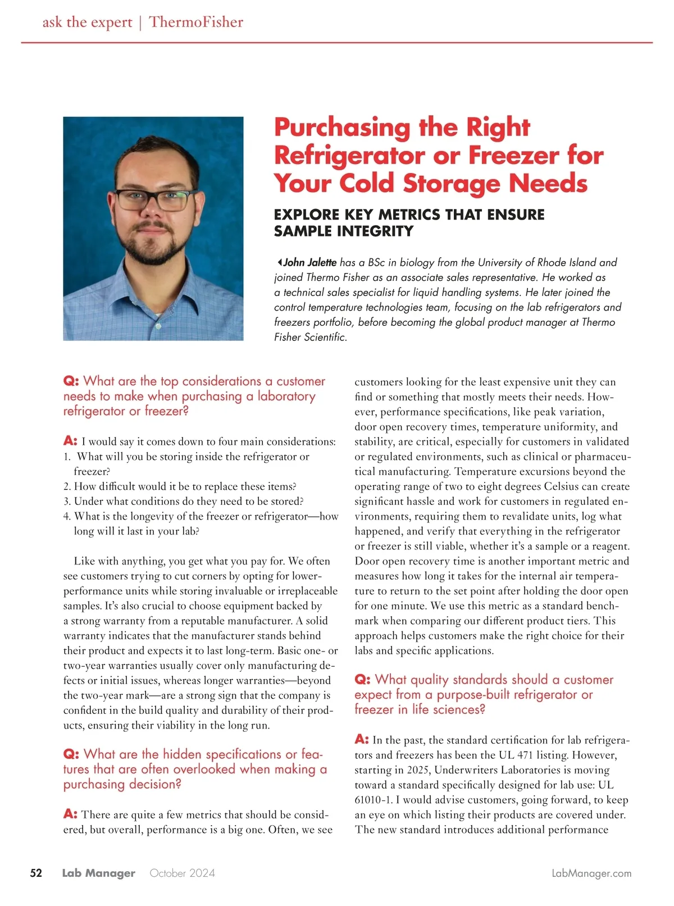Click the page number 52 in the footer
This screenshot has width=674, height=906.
click(x=36, y=873)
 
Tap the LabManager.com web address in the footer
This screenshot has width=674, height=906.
click(x=591, y=873)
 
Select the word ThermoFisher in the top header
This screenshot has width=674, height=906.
click(x=196, y=22)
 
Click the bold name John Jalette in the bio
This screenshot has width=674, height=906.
click(x=309, y=262)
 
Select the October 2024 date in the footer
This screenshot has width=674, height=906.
click(x=182, y=873)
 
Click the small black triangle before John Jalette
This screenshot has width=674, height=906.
click(x=279, y=262)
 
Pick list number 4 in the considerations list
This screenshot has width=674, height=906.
click(x=67, y=516)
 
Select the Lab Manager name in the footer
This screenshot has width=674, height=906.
click(x=99, y=873)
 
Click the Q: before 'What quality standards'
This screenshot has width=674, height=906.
click(x=362, y=680)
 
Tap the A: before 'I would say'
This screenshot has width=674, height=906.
click(x=70, y=441)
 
